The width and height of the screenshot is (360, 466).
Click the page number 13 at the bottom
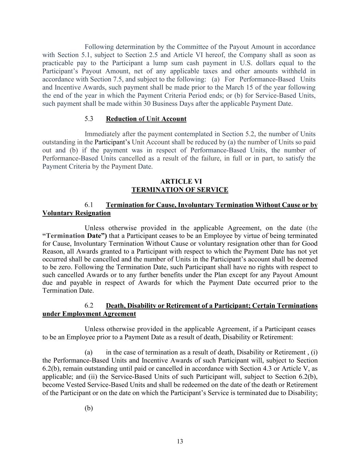180,441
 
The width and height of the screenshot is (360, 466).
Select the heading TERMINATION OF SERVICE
180,190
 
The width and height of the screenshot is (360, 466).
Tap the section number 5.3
89,119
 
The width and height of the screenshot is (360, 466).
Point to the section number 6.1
89,205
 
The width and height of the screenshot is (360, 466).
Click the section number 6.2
89,306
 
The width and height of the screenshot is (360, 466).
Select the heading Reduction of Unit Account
146,119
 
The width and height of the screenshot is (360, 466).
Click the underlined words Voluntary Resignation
76,213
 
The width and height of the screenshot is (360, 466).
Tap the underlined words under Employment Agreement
89,314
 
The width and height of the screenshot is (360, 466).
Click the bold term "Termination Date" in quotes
75,236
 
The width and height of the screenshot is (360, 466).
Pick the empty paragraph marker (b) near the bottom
89,408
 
